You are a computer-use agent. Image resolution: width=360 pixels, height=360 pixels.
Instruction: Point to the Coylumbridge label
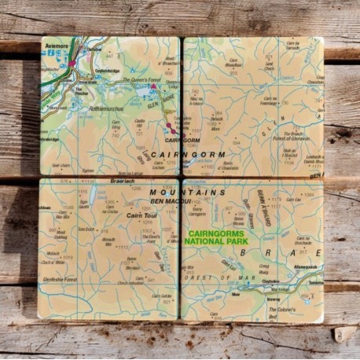click(x=107, y=70)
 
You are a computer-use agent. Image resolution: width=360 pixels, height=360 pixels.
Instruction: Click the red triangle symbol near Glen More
click(x=153, y=86)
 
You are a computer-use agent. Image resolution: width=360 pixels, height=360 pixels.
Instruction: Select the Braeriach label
click(x=101, y=179)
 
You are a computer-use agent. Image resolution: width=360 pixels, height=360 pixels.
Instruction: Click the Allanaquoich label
click(x=305, y=267)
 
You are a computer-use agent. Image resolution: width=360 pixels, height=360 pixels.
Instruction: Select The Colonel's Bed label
click(x=307, y=310)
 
